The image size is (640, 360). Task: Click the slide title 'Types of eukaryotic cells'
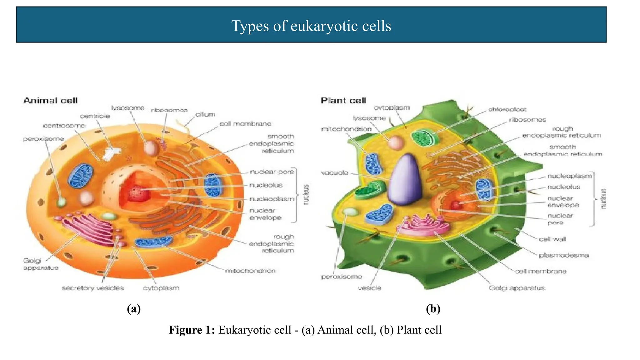tap(311, 26)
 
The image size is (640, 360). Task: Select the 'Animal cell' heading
tap(50, 101)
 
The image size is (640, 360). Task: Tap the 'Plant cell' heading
tap(343, 101)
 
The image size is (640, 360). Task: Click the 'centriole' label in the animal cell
tap(95, 116)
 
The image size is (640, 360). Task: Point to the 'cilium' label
tap(205, 114)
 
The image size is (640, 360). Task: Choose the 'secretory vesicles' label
tap(92, 288)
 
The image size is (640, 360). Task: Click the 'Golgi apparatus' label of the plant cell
tap(517, 288)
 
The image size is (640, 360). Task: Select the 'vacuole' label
tap(334, 172)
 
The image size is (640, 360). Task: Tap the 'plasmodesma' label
tap(564, 255)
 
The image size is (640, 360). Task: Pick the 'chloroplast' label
tap(507, 109)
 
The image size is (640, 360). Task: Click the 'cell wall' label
tap(552, 239)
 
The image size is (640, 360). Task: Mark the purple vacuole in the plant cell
tap(405, 180)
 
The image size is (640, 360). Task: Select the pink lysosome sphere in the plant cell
tap(396, 142)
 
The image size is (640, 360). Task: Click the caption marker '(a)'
tap(134, 308)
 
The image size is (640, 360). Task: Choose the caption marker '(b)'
tap(433, 308)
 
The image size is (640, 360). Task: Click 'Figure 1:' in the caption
tap(192, 330)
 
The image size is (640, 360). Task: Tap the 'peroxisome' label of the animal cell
tap(43, 139)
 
